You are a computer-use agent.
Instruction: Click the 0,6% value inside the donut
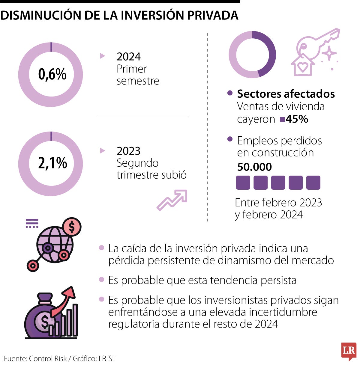tap(52, 74)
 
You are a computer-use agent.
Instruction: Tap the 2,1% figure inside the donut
tap(52, 163)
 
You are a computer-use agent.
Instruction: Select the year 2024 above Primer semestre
tap(128, 57)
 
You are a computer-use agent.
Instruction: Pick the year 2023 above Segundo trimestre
tap(128, 151)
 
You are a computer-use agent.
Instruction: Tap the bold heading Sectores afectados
tap(286, 94)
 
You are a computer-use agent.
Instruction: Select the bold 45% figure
tap(297, 119)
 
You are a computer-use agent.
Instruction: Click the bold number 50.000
tap(254, 167)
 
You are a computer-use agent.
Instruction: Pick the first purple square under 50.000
tap(243, 183)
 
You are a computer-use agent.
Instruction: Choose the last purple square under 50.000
tap(313, 183)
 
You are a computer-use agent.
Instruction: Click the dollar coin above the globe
tap(71, 227)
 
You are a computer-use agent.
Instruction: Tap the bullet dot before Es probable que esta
tap(102, 280)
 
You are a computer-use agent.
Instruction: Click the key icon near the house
tap(319, 43)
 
